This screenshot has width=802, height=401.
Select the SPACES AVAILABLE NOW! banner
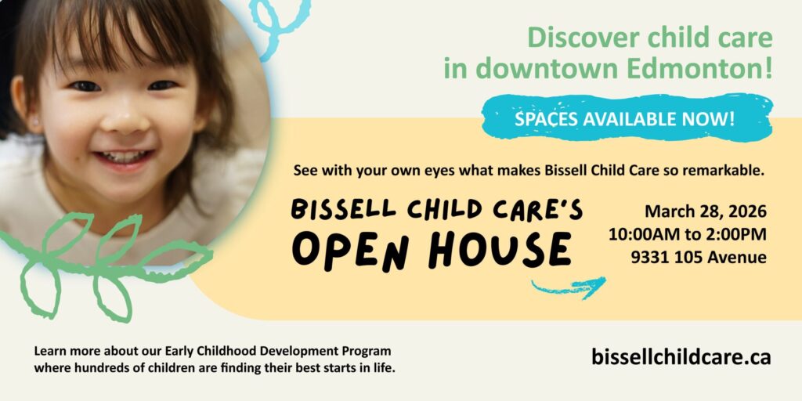click(x=624, y=119)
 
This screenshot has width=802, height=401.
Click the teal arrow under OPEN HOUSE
click(x=569, y=287)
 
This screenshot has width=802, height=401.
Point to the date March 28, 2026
click(x=705, y=211)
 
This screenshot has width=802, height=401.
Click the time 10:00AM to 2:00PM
click(x=687, y=234)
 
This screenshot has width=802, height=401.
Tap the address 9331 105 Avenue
click(x=699, y=257)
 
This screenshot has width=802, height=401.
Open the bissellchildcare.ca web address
click(x=681, y=357)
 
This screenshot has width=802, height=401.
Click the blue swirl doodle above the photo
click(x=276, y=23)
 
